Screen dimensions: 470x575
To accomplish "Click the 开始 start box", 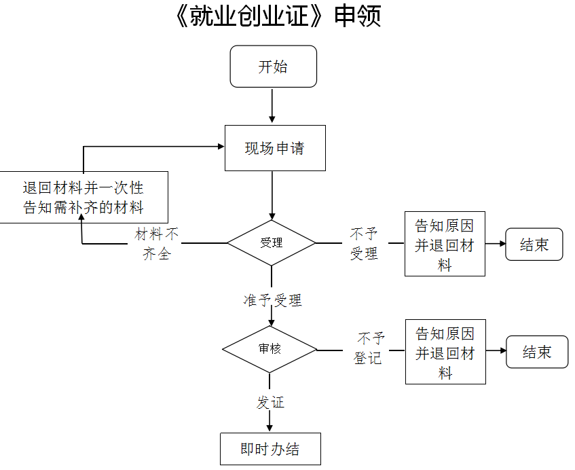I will [273, 67].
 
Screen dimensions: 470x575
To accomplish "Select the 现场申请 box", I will [275, 148].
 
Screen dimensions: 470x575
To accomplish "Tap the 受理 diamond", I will [272, 242].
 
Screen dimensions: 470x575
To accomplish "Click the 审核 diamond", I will [270, 349].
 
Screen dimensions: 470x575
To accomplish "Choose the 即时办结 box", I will [270, 449].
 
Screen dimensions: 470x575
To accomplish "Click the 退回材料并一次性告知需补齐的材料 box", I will [84, 197].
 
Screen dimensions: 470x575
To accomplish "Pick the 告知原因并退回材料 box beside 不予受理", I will [445, 244].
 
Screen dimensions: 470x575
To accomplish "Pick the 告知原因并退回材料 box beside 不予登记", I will [445, 352].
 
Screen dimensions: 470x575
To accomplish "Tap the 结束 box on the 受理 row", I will [534, 245].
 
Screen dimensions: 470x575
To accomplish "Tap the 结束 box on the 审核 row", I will [536, 352].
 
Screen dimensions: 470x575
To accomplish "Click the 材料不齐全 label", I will [157, 244].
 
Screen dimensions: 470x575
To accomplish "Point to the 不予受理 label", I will [363, 244].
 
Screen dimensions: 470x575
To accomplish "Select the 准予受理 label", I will [272, 300].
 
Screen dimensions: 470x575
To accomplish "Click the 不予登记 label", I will [369, 348].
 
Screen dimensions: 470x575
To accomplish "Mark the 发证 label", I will [270, 402].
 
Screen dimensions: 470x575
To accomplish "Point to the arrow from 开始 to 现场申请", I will [272, 105].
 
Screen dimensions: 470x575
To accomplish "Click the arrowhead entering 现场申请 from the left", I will [220, 145].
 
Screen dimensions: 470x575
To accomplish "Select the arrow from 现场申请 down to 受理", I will [272, 195].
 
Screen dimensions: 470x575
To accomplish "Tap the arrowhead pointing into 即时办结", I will [270, 427].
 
